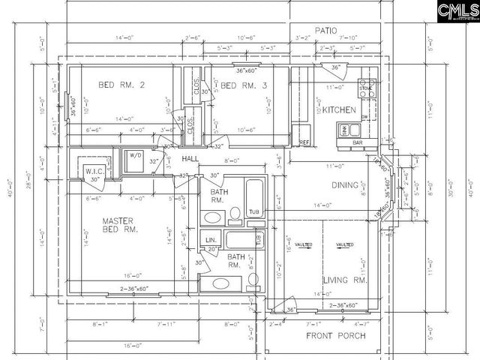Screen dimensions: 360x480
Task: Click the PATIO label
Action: pyautogui.click(x=327, y=30)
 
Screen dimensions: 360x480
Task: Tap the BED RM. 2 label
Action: pyautogui.click(x=121, y=85)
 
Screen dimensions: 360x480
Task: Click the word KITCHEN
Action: pyautogui.click(x=339, y=110)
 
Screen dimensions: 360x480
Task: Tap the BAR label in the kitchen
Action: pyautogui.click(x=358, y=142)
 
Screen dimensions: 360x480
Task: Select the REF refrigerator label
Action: pyautogui.click(x=304, y=142)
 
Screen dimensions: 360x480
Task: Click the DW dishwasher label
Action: pyautogui.click(x=365, y=117)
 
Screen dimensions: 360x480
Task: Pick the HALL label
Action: pyautogui.click(x=190, y=159)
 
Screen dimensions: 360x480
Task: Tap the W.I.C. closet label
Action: pyautogui.click(x=93, y=170)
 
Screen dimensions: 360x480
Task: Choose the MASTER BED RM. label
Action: pyautogui.click(x=120, y=225)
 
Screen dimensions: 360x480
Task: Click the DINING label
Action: pyautogui.click(x=346, y=185)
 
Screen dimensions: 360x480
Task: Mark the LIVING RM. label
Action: pyautogui.click(x=344, y=280)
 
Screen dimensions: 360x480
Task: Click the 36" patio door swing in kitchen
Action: pyautogui.click(x=335, y=67)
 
